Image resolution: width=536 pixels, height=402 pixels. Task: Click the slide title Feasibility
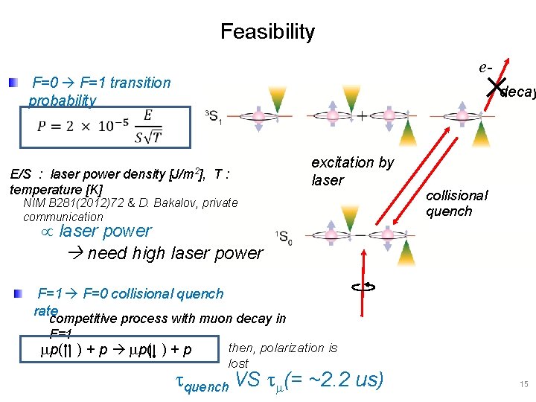click(267, 32)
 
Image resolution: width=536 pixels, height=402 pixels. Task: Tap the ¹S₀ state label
click(284, 237)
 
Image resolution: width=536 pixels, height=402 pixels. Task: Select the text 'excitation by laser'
click(352, 171)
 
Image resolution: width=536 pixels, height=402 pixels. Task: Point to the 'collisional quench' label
click(456, 202)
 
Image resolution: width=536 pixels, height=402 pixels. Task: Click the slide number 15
click(523, 385)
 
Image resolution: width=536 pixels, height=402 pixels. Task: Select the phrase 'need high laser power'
click(174, 253)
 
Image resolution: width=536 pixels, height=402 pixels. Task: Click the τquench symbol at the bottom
click(201, 383)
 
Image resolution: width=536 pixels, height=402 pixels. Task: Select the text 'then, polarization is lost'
click(282, 355)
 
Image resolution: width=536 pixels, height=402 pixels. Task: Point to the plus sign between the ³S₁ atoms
click(362, 116)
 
